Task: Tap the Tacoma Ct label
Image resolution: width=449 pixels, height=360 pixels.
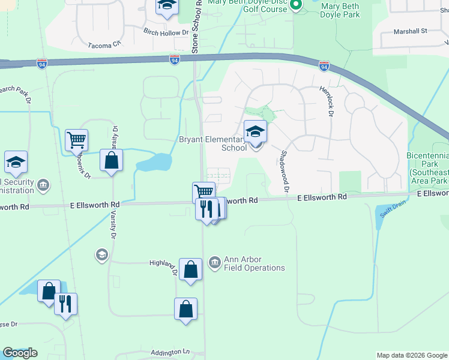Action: (104, 44)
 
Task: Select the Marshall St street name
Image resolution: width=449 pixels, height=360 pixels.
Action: (410, 31)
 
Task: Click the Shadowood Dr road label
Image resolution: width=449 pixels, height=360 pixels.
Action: (283, 172)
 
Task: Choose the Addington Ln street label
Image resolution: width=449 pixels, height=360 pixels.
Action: (170, 352)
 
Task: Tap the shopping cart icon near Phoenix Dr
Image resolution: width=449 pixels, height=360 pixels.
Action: (77, 140)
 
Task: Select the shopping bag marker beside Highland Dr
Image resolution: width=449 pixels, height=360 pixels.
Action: (190, 269)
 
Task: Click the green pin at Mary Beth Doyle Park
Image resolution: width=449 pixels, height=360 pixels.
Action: (295, 6)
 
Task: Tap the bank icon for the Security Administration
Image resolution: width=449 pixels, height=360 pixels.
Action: (43, 184)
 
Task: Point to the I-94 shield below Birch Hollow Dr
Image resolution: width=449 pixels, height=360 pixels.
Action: (173, 61)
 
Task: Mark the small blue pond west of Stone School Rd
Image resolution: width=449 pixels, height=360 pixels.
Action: (154, 161)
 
